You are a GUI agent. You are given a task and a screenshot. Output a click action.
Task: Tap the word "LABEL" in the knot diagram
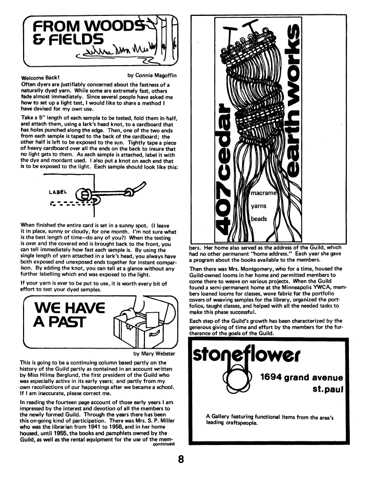point(58,193)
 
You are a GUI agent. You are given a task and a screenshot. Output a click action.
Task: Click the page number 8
point(181,459)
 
